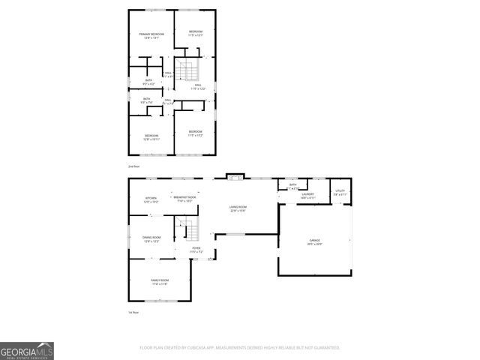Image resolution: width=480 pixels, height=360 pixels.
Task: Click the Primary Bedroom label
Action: click(151, 34)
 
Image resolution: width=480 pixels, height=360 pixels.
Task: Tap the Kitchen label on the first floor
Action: click(151, 198)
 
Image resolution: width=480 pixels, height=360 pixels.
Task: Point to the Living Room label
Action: click(238, 207)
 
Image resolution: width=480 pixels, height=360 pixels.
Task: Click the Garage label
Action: click(314, 241)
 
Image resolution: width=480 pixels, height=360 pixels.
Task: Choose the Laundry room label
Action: click(307, 194)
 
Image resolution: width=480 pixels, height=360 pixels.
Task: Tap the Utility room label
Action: click(340, 191)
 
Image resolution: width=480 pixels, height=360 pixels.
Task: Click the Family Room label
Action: click(158, 280)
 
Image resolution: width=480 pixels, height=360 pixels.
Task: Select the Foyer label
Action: click(196, 249)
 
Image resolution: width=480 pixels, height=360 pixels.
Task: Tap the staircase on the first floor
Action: click(185, 228)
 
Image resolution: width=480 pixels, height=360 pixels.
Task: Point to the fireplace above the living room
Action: click(235, 177)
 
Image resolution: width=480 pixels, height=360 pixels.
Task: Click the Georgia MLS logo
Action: click(27, 350)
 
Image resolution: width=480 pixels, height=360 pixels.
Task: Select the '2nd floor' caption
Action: click(133, 165)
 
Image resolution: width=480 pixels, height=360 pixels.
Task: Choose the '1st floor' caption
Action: click(133, 312)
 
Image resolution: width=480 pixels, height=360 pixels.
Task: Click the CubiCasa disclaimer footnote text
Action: click(240, 347)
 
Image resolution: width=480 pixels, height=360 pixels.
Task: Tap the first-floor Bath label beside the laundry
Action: click(292, 184)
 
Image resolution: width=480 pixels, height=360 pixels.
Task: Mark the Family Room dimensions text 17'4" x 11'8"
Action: click(158, 284)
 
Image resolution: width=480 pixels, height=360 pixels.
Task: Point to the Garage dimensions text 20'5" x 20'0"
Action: click(314, 244)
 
